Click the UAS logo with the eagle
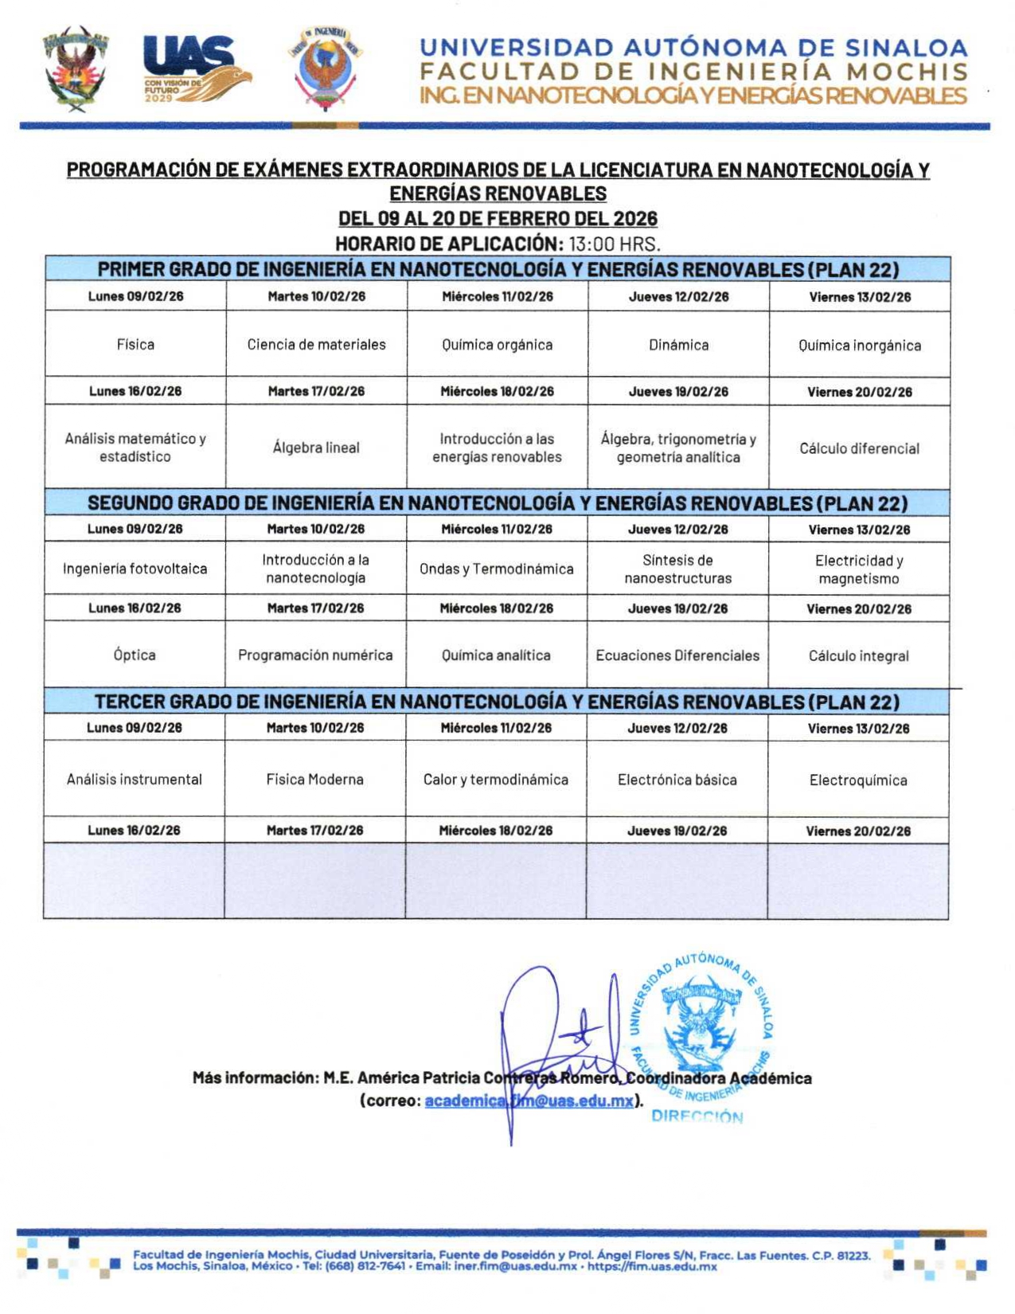pos(197,68)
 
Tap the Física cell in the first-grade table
pos(135,345)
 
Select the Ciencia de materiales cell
pos(316,345)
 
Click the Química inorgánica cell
pos(860,346)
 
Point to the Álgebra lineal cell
pos(316,448)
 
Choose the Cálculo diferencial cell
pos(860,448)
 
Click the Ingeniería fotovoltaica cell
pos(135,569)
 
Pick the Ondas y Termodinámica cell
pos(497,569)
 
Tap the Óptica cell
pos(135,655)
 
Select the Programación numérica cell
pos(315,655)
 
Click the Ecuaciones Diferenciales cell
pos(677,655)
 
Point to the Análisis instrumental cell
pos(135,779)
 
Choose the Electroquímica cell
pos(858,780)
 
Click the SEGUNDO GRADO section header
pos(498,503)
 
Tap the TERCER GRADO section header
pos(498,702)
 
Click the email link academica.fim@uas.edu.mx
pos(529,1101)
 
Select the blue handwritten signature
pos(549,1043)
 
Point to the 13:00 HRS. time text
pos(614,243)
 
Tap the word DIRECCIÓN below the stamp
pos(697,1117)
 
